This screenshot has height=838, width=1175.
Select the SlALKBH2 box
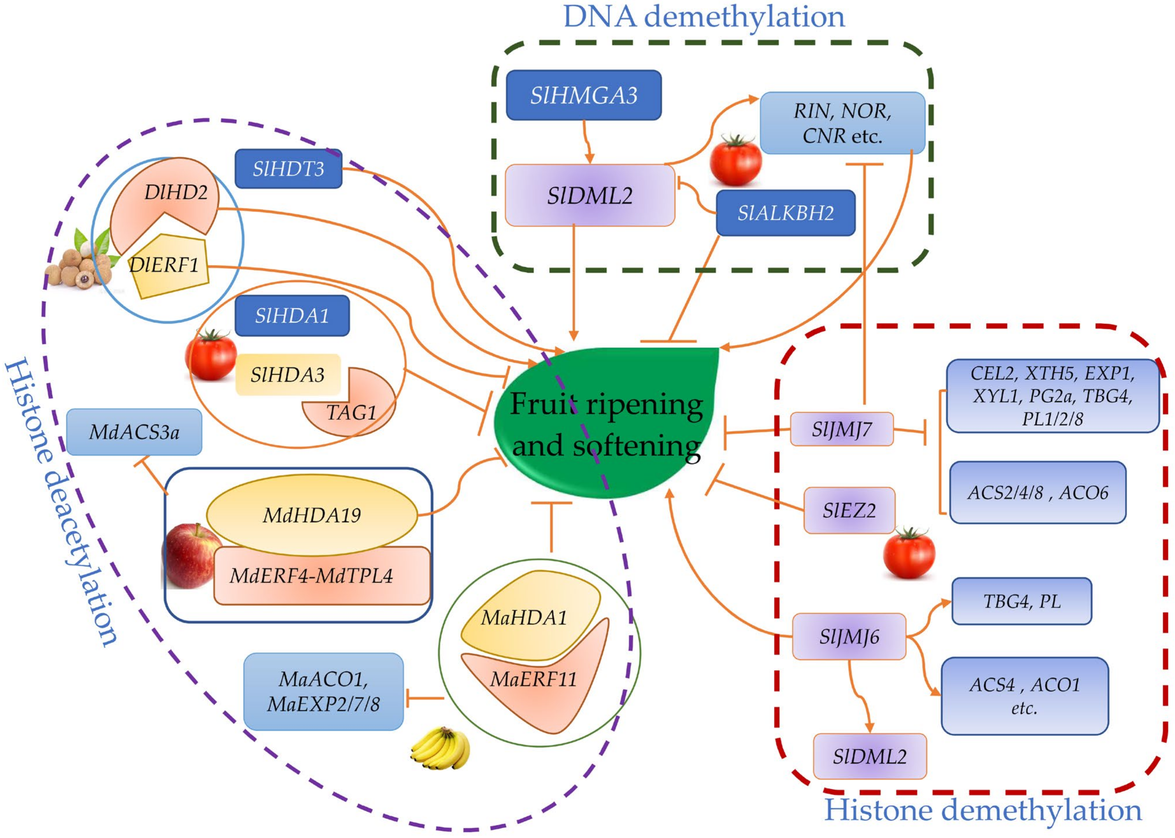(x=785, y=213)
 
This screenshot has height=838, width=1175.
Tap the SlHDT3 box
(x=289, y=169)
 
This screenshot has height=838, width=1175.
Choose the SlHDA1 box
(x=292, y=315)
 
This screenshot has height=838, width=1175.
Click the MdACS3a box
(x=134, y=432)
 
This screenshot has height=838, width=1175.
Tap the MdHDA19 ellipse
(x=312, y=515)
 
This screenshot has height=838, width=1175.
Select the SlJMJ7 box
(x=842, y=429)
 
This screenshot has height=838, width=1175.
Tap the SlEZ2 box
(x=849, y=510)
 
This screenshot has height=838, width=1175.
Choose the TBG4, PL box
(x=1022, y=601)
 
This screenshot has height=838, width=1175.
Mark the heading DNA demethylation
(x=704, y=17)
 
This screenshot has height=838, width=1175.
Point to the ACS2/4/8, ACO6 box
(x=1038, y=492)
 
